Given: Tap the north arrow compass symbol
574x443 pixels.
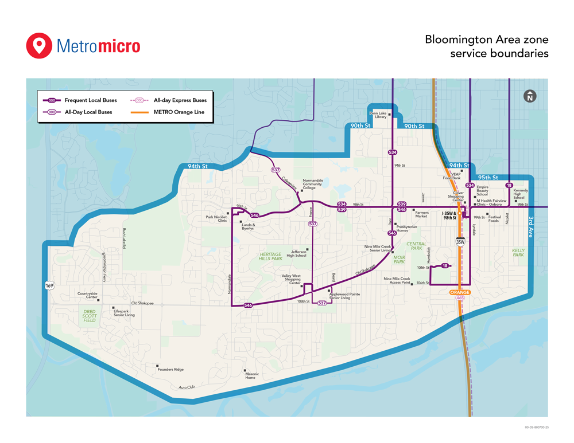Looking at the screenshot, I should pos(530,96).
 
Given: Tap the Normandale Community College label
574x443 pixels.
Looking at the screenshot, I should pos(312,184).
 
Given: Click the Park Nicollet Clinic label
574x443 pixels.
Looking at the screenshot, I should pos(217,218).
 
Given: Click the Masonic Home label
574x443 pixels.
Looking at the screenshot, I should pos(252,375).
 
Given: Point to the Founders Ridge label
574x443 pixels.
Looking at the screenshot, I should pos(170,370).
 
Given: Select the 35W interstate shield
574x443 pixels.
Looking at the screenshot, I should pos(460,243).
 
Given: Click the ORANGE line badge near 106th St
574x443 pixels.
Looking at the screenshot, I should pos(460,292).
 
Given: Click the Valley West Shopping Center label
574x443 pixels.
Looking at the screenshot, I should pos(291,279).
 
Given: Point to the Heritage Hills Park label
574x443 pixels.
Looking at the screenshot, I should pos(271,257).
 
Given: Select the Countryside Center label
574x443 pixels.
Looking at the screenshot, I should pos(88,296).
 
